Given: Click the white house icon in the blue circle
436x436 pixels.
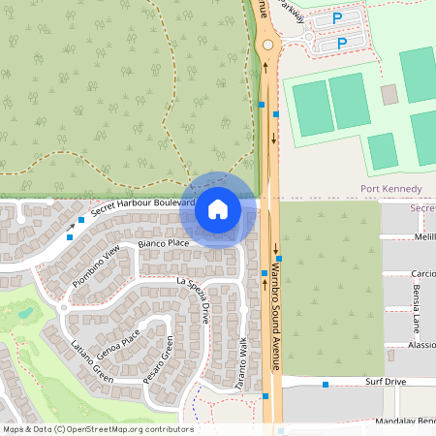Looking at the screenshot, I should point(218,209).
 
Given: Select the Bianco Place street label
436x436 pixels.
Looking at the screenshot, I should point(163,244).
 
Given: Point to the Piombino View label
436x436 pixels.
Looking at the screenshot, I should point(98,265).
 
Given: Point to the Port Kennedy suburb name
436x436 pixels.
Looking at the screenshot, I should point(390,188).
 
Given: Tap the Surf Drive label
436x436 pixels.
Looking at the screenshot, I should point(386,382).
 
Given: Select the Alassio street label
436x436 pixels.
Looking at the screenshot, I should point(421,345).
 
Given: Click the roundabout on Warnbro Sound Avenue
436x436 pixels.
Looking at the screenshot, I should point(267,45).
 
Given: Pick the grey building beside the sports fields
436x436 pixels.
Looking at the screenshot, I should point(389,94).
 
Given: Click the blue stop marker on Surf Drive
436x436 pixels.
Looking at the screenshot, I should point(327,385).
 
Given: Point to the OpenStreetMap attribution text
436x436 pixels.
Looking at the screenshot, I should point(97,429).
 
